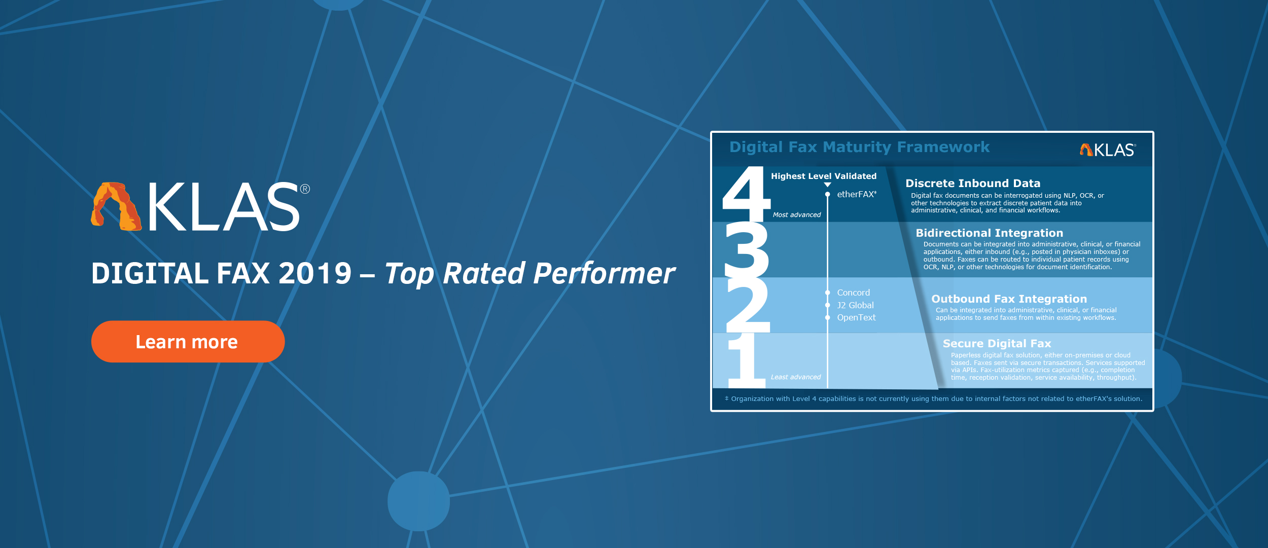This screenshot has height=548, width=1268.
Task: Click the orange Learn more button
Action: pos(188,342)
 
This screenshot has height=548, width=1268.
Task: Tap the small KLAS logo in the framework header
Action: pos(1108,150)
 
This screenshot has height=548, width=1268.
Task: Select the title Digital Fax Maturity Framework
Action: pos(859,147)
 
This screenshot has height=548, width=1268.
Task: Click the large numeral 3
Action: pos(747,249)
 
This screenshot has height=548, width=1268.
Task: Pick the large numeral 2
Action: pos(748,305)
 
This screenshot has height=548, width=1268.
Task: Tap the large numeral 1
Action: pos(747,360)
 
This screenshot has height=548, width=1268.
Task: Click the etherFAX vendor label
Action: pos(856,194)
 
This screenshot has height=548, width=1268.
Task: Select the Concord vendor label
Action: pos(853,293)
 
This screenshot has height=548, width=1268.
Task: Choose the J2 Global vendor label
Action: pos(855,305)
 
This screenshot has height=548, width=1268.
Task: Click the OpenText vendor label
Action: pos(856,317)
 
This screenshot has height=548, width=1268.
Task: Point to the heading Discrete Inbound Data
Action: pos(973,184)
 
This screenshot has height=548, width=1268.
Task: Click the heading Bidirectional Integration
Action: pos(990,233)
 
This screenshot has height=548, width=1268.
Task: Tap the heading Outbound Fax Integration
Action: pos(1009,299)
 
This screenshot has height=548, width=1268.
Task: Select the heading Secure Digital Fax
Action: pos(997,344)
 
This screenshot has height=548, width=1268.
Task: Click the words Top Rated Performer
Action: pos(530,274)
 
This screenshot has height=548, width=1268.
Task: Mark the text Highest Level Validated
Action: pos(824,176)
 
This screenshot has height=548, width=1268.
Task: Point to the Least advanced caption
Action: pos(795,377)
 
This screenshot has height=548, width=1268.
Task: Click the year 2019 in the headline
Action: pos(315,274)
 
